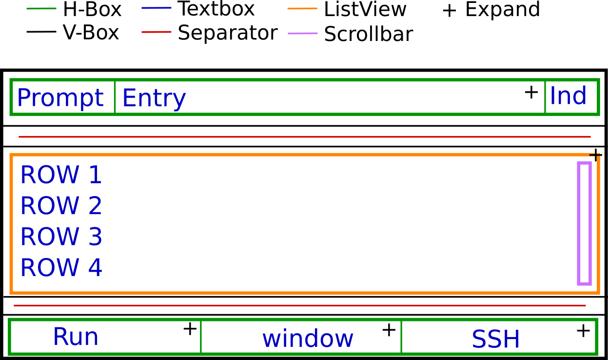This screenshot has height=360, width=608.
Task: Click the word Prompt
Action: coord(59,98)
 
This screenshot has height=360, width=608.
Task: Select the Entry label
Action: coord(154,98)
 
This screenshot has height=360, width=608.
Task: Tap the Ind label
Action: coord(568,96)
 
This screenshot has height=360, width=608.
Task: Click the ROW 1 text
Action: coord(61,175)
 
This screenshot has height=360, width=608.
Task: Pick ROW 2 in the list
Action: coord(61,206)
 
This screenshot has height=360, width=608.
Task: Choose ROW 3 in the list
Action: coord(61,237)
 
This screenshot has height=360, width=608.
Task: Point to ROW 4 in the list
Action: coord(61,268)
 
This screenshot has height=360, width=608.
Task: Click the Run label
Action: coord(76,337)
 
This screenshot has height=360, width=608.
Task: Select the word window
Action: coord(308,339)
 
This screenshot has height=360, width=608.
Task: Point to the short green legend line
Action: coord(41,8)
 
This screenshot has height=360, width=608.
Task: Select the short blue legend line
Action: coord(156,8)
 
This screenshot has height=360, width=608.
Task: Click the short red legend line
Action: coord(156,32)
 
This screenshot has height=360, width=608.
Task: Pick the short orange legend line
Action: coord(302,8)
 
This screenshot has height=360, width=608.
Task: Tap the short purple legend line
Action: coord(302,33)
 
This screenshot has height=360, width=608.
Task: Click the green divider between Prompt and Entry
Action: coord(115,97)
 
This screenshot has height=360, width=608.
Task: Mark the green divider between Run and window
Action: coord(200,337)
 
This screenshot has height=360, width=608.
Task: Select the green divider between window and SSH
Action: coord(401,337)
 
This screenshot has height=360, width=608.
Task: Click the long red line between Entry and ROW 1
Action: coord(304,137)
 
